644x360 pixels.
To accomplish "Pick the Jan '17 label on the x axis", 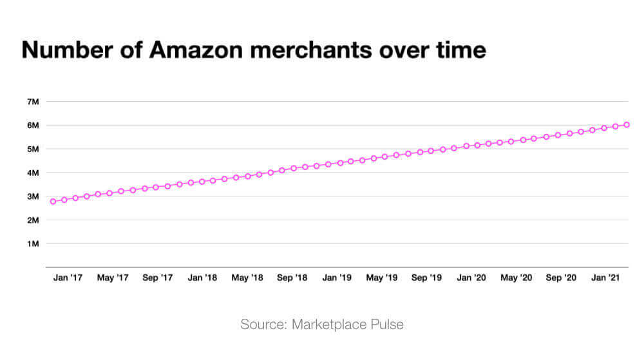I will (x=68, y=278).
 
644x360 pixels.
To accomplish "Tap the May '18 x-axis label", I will (x=247, y=278).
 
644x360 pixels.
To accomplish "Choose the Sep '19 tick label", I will (x=426, y=278).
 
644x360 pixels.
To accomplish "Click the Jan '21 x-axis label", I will (x=607, y=278).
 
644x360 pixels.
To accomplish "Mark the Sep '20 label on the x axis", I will (x=561, y=278).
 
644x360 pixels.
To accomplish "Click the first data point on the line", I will (x=53, y=202).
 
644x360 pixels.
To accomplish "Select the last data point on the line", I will (x=627, y=125).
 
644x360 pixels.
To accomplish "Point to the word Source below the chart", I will (x=260, y=324).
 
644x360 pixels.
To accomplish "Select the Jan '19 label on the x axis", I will (x=337, y=278).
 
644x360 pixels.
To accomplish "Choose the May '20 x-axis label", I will (x=516, y=278).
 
